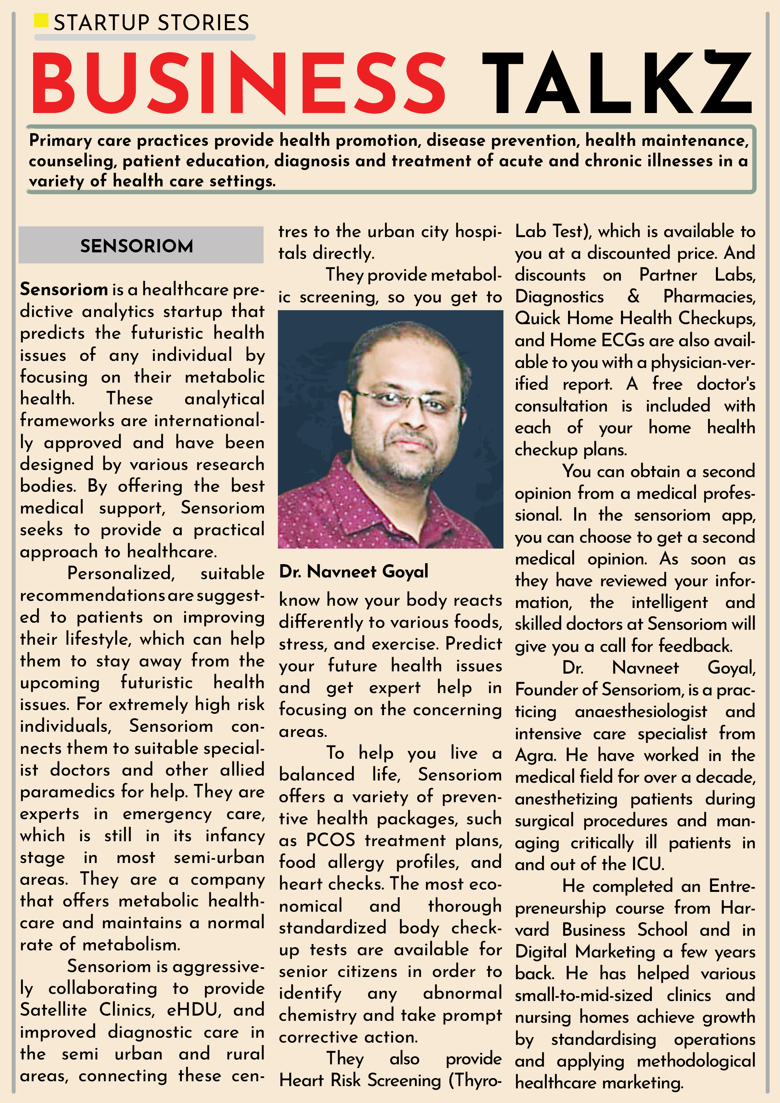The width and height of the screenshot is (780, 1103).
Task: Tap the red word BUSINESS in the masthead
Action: point(239,82)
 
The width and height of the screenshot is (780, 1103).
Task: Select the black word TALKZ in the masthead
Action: point(617,82)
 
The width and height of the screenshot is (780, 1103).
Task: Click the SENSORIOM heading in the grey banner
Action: point(137,246)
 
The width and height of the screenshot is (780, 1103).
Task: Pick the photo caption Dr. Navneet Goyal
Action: point(354,572)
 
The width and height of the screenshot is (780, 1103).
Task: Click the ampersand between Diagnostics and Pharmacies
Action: point(633,297)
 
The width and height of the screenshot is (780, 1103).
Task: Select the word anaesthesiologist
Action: point(641,712)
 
